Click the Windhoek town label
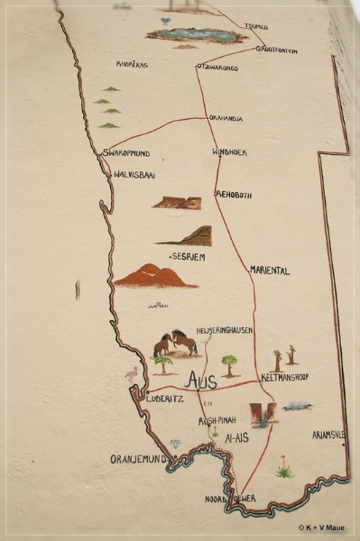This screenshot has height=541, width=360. coord(229,152)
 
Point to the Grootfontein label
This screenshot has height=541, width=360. coord(276,50)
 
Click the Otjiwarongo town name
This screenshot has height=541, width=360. coord(217,68)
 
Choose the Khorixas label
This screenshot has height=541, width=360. coord(132,65)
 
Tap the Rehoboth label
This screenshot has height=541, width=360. coord(234,195)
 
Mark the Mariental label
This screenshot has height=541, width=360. coord(270,270)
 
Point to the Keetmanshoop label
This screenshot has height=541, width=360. coord(284,377)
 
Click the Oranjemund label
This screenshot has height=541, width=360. coord(139,459)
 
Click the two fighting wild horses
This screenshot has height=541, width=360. coord(175,344)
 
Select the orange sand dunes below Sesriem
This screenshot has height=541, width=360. coord(153,276)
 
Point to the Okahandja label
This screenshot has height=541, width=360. coord(226,117)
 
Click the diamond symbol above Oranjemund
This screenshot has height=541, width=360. coord(175,444)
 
